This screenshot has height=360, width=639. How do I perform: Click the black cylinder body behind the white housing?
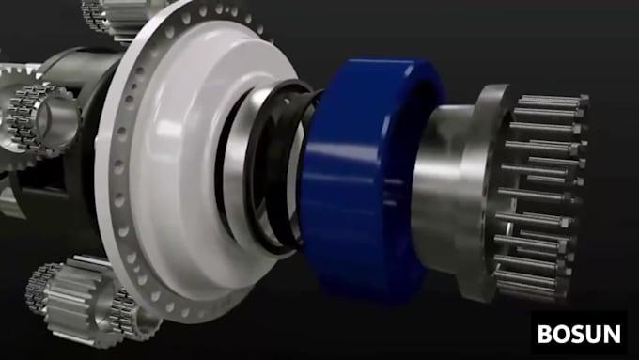tap(80, 188)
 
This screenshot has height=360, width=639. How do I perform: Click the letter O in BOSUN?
tap(562, 333)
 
